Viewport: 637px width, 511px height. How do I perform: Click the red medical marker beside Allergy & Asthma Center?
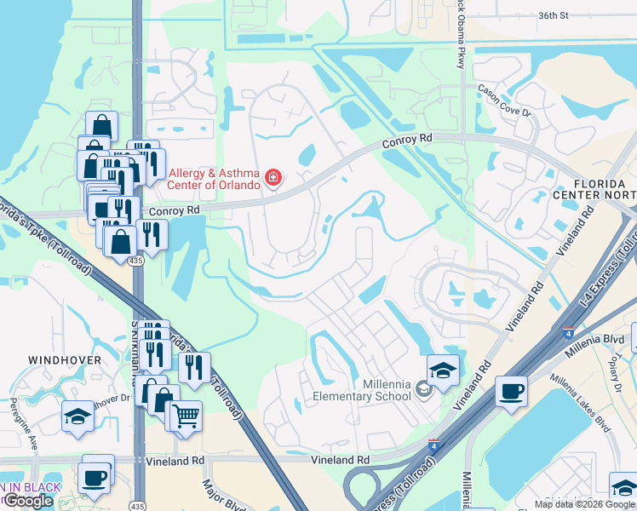tap(273, 178)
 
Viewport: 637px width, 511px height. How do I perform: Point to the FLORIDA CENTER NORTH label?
tap(604, 190)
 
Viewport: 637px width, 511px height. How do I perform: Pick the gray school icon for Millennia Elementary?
tap(423, 390)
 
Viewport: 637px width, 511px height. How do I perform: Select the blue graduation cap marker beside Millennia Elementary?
tap(443, 370)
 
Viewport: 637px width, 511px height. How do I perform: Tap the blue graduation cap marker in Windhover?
tap(77, 416)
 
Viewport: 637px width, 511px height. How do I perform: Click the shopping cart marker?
tap(186, 416)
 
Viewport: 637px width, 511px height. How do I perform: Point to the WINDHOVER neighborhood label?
tap(65, 360)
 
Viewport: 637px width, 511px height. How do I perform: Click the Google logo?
tap(27, 501)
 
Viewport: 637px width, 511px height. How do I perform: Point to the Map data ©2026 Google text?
tap(584, 504)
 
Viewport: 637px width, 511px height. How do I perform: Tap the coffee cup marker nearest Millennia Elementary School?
tap(510, 392)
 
